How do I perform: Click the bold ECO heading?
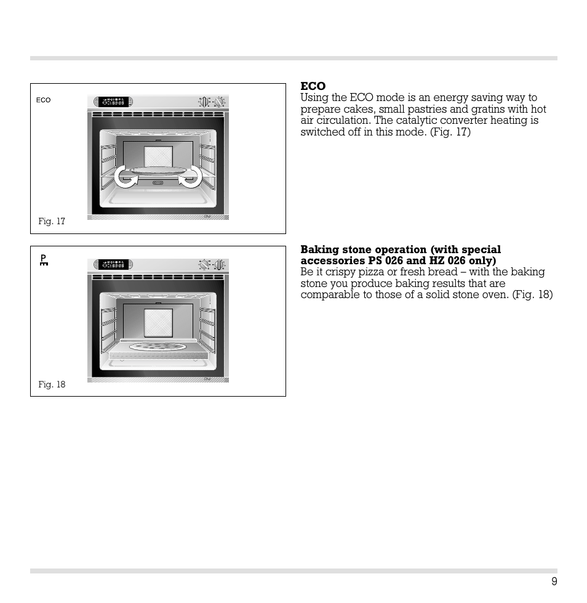pyautogui.click(x=313, y=86)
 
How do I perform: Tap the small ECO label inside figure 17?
pyautogui.click(x=43, y=100)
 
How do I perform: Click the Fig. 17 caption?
pyautogui.click(x=52, y=222)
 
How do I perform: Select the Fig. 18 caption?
pyautogui.click(x=52, y=384)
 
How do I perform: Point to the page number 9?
pyautogui.click(x=554, y=582)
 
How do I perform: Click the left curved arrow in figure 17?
pyautogui.click(x=126, y=177)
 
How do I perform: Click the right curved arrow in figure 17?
pyautogui.click(x=190, y=177)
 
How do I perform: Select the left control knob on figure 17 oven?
pyautogui.click(x=204, y=102)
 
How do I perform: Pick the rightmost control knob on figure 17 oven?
pyautogui.click(x=220, y=102)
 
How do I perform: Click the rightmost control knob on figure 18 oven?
pyautogui.click(x=220, y=264)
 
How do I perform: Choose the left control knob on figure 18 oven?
pyautogui.click(x=204, y=264)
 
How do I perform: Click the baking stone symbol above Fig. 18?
pyautogui.click(x=43, y=260)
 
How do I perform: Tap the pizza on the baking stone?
pyautogui.click(x=158, y=346)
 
